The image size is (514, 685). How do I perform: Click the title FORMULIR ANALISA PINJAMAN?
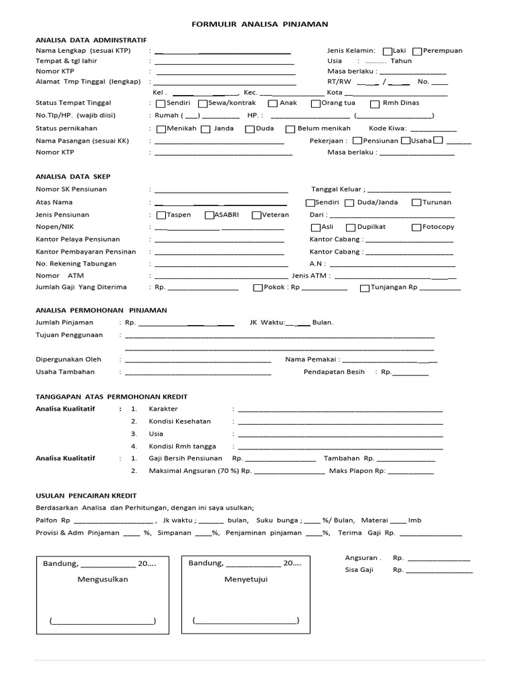260,24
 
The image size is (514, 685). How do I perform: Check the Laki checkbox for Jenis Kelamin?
388,51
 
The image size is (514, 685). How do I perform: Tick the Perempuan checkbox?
417,51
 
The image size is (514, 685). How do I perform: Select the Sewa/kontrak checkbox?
203,104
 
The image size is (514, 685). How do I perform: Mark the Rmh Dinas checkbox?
373,104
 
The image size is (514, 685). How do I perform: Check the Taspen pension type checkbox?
161,215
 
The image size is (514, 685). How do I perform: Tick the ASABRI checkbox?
208,215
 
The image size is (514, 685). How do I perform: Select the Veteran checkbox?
256,215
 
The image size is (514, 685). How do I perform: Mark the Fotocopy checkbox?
416,227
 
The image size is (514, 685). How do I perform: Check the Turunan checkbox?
416,203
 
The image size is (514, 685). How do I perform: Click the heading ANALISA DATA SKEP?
73,177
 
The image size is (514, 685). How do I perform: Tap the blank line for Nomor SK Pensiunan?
221,191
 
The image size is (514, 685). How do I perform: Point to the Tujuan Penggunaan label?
69,334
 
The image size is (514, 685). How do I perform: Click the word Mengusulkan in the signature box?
102,579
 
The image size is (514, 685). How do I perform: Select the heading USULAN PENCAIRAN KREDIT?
86,496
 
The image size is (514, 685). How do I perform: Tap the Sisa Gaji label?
359,571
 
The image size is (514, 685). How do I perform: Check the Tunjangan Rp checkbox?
364,288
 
